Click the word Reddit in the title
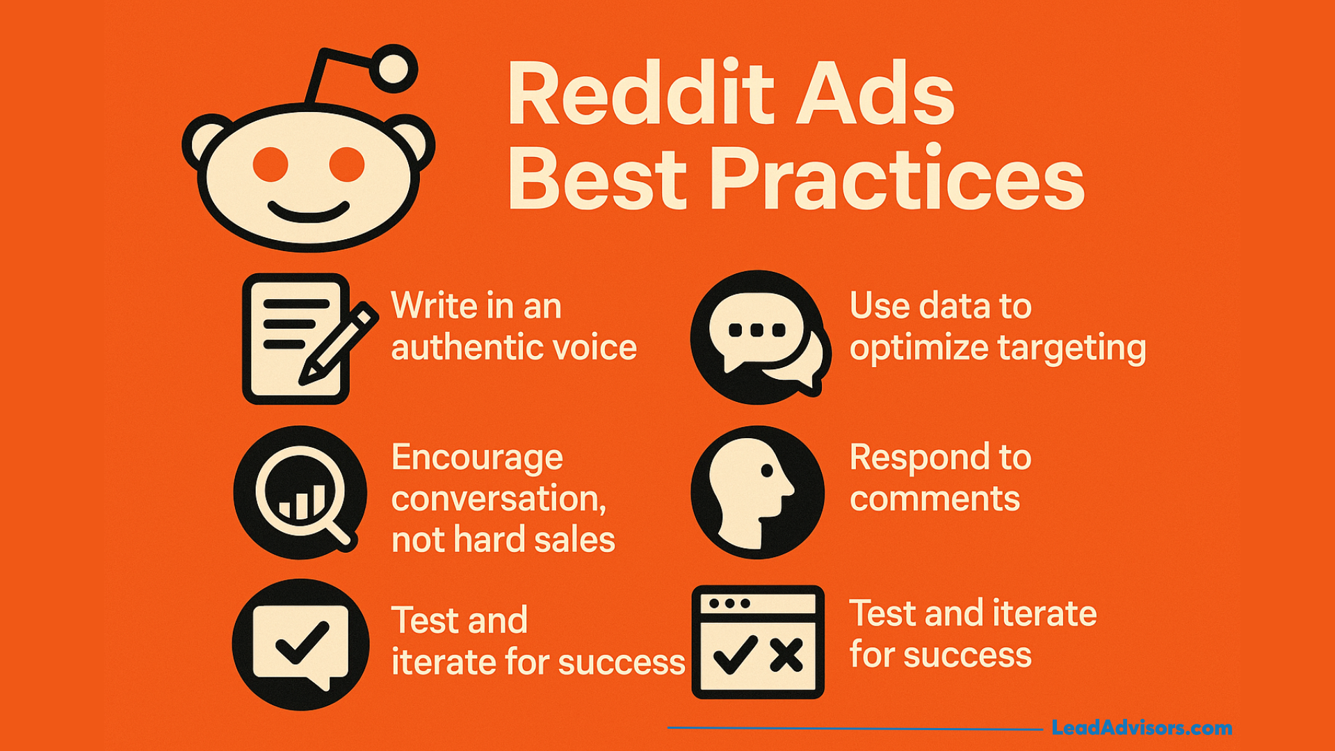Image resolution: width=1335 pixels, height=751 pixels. point(641,93)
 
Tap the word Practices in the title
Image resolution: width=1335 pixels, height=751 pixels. point(896,179)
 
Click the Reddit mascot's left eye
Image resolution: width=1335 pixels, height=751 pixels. point(270,165)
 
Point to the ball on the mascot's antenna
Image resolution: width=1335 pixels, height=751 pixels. point(394,69)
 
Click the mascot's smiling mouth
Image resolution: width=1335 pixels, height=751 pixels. point(309,212)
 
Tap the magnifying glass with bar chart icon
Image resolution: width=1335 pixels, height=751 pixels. point(300,492)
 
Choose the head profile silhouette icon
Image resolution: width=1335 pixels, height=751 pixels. point(758,492)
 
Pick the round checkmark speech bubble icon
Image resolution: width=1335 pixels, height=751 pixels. point(300,645)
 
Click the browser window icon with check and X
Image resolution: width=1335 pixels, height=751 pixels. point(758,642)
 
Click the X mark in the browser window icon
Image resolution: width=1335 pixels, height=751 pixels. point(786,655)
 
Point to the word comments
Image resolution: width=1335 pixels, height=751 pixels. point(934,499)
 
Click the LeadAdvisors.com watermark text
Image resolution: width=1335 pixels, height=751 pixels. point(1142,728)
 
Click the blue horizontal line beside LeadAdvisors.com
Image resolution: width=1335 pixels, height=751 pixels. point(855,728)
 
